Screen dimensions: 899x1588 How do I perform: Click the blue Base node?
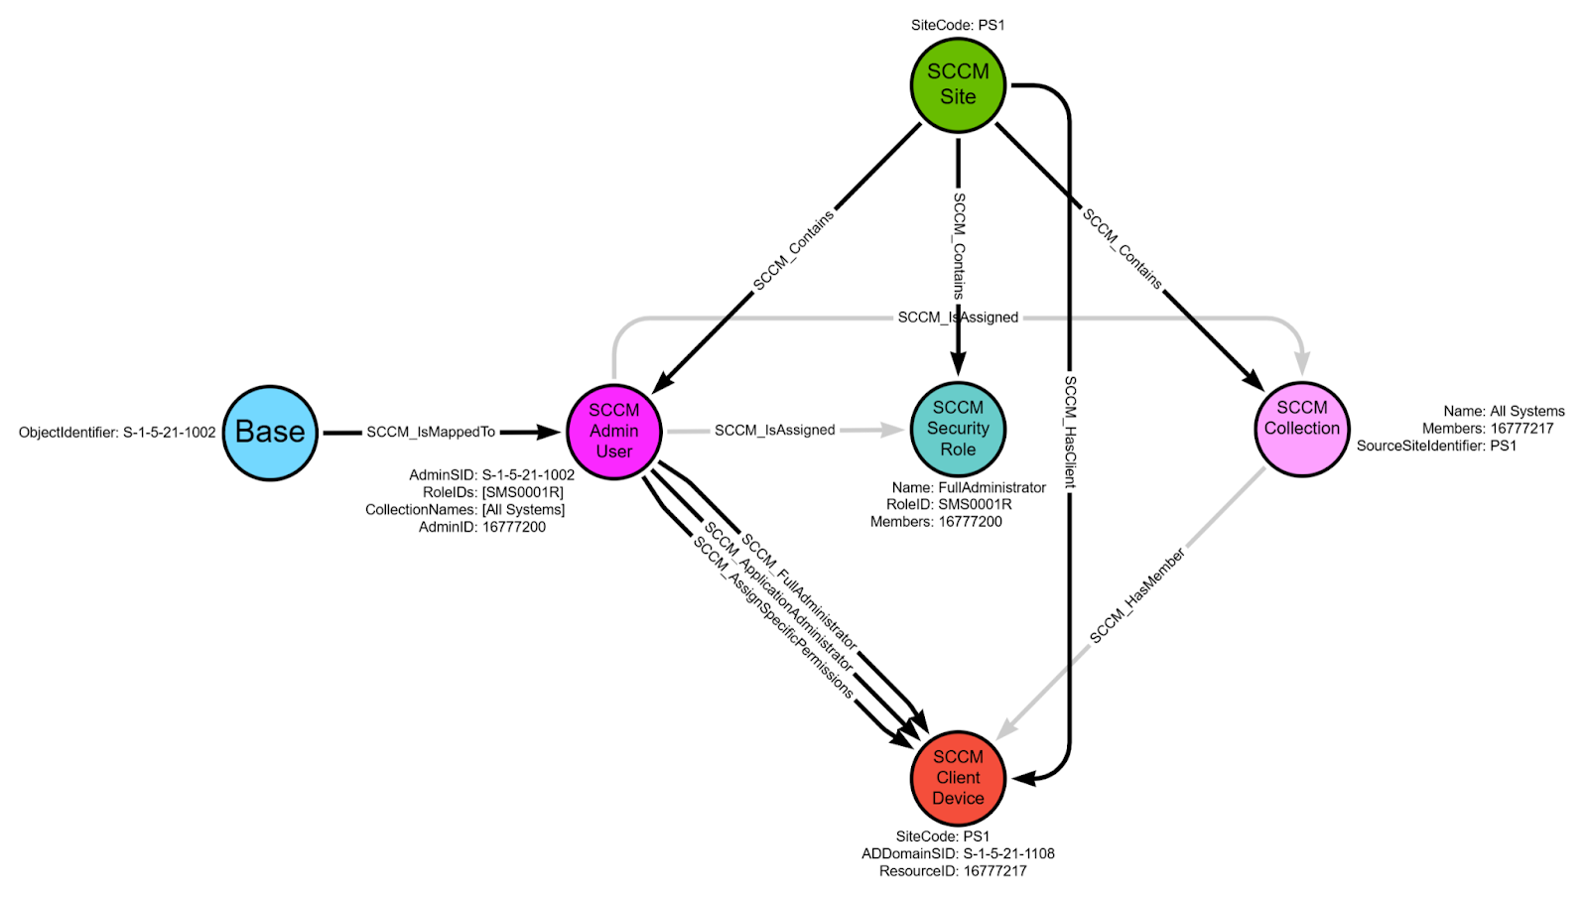click(x=270, y=433)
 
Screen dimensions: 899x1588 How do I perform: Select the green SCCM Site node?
click(x=958, y=84)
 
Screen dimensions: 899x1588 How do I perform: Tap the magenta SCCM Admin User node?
click(x=614, y=432)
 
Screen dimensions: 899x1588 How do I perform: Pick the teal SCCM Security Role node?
click(x=958, y=429)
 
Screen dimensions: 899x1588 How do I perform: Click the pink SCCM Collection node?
click(x=1302, y=429)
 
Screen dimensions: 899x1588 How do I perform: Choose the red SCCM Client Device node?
click(x=958, y=778)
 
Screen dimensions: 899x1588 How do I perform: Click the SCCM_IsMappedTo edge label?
click(x=431, y=433)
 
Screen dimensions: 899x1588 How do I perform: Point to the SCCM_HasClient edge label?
click(x=1070, y=432)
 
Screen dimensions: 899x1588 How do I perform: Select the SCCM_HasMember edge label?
click(x=1137, y=595)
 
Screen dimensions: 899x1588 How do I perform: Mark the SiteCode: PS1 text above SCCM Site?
click(x=958, y=25)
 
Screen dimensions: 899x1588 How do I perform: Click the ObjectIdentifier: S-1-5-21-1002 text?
click(x=117, y=433)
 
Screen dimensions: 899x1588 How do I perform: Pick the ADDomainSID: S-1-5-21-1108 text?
click(x=958, y=853)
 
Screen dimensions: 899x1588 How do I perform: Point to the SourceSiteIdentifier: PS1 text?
click(x=1436, y=446)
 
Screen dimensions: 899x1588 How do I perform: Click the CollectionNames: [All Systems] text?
click(x=464, y=510)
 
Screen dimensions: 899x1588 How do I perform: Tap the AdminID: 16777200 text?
click(x=482, y=527)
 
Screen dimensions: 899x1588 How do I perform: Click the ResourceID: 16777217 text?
click(x=953, y=871)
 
